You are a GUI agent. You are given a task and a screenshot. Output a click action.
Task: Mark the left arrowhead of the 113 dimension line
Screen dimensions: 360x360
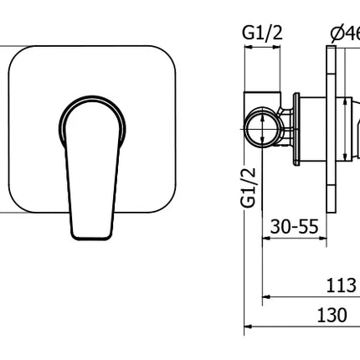[x=267, y=296]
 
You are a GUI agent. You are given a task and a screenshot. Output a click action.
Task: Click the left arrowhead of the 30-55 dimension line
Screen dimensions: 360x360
[x=267, y=238]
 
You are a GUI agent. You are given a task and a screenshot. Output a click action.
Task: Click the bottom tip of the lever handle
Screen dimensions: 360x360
[x=90, y=235]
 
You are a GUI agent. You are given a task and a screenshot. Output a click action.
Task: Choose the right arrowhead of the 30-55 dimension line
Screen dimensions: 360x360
[x=324, y=238]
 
